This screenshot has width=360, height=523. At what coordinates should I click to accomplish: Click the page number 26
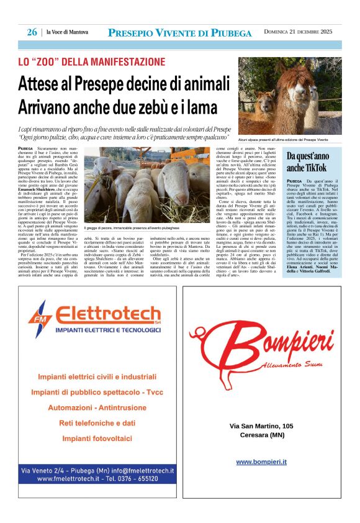point(32,32)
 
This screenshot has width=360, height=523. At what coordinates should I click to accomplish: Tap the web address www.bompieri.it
point(261,462)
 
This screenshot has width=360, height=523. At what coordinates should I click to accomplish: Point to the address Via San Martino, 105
point(261,426)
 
